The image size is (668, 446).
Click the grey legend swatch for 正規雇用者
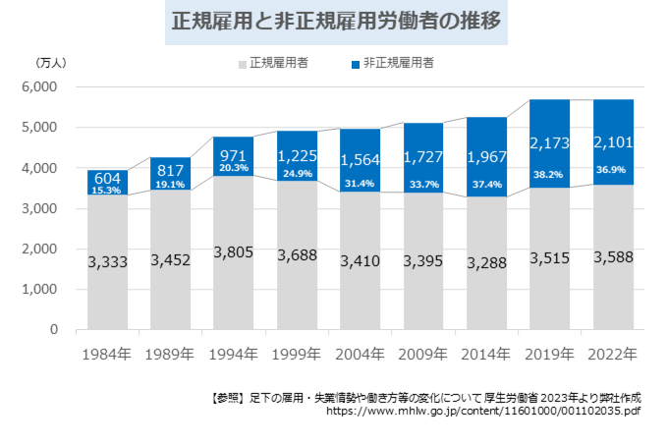click(242, 64)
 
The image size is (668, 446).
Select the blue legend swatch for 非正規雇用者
click(357, 64)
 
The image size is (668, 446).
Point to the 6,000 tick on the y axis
click(40, 87)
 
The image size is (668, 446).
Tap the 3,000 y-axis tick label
click(40, 209)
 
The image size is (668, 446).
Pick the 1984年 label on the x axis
click(107, 353)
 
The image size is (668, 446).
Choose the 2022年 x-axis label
click(613, 353)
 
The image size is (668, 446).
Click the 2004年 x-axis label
click(361, 353)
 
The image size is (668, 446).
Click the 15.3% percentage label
click(107, 191)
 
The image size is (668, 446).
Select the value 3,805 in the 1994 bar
click(234, 252)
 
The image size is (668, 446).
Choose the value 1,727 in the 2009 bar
click(423, 157)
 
